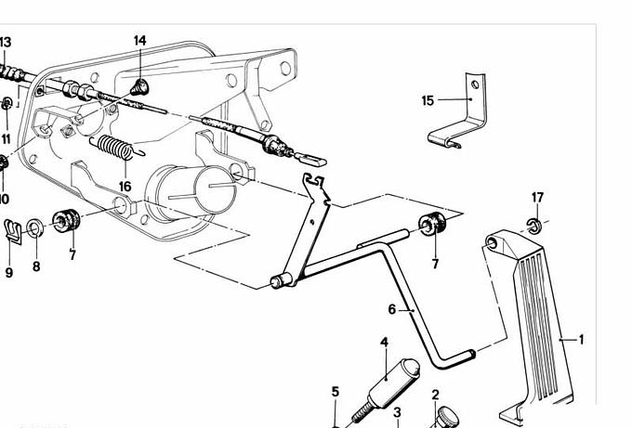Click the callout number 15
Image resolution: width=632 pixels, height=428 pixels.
coord(428,100)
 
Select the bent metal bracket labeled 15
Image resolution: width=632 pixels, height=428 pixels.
coord(474,116)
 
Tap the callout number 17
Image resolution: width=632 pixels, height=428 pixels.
coord(537,197)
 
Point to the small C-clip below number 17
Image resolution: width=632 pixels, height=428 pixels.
coord(533,223)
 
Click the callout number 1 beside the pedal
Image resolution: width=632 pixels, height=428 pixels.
coord(582,340)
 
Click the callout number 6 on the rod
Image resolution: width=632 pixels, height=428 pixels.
coord(392,309)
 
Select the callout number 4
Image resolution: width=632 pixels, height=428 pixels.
coord(384,343)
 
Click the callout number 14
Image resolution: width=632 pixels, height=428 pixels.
coord(139,41)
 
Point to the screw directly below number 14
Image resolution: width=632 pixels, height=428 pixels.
coord(140,88)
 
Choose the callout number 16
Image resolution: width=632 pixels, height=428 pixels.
coord(125,187)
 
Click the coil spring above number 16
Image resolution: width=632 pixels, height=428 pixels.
coord(112,148)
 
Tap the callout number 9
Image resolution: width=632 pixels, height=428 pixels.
coord(8,273)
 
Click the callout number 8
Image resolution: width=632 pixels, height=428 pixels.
coord(36,266)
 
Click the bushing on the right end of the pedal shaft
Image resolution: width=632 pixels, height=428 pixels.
coord(432,226)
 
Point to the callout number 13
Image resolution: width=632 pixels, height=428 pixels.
coord(7,43)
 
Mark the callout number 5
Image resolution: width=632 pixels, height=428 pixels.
coord(336,393)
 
